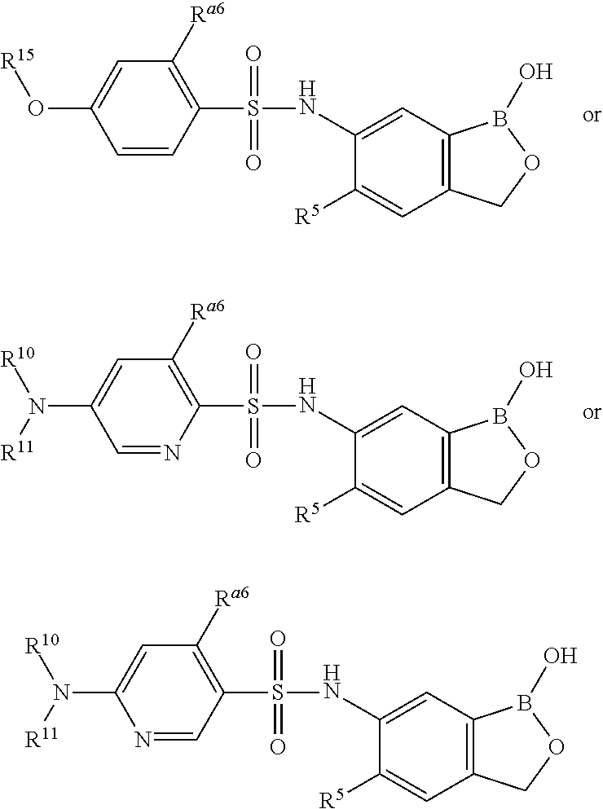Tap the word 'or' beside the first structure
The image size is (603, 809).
[591, 115]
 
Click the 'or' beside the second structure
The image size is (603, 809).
[591, 412]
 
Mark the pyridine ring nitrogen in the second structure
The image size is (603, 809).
[171, 452]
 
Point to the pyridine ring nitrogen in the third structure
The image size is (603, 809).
[143, 740]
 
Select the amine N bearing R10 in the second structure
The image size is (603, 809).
[35, 406]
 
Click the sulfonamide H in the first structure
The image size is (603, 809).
[307, 87]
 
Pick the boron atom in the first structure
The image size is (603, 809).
[499, 119]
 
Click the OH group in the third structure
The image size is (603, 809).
[561, 654]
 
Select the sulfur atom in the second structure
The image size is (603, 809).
[253, 406]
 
